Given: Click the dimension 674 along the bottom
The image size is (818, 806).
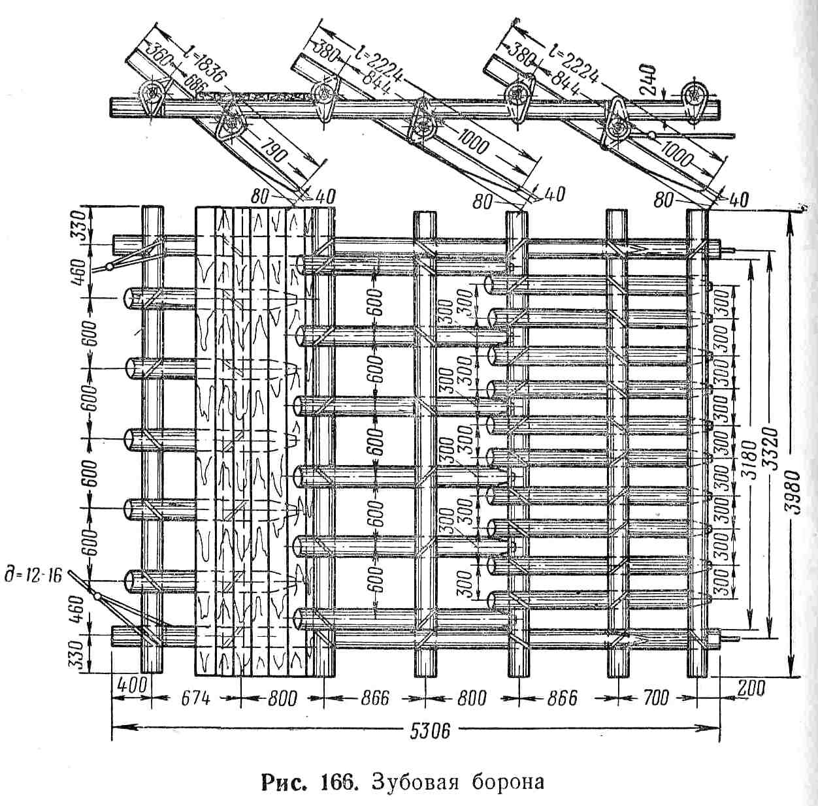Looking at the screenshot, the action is coord(195,698).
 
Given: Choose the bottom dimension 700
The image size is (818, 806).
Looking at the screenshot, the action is coord(656,698).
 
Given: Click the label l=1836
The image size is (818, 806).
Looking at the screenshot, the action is coord(204,65).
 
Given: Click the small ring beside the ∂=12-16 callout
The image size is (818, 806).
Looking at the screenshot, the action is coord(96,596).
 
